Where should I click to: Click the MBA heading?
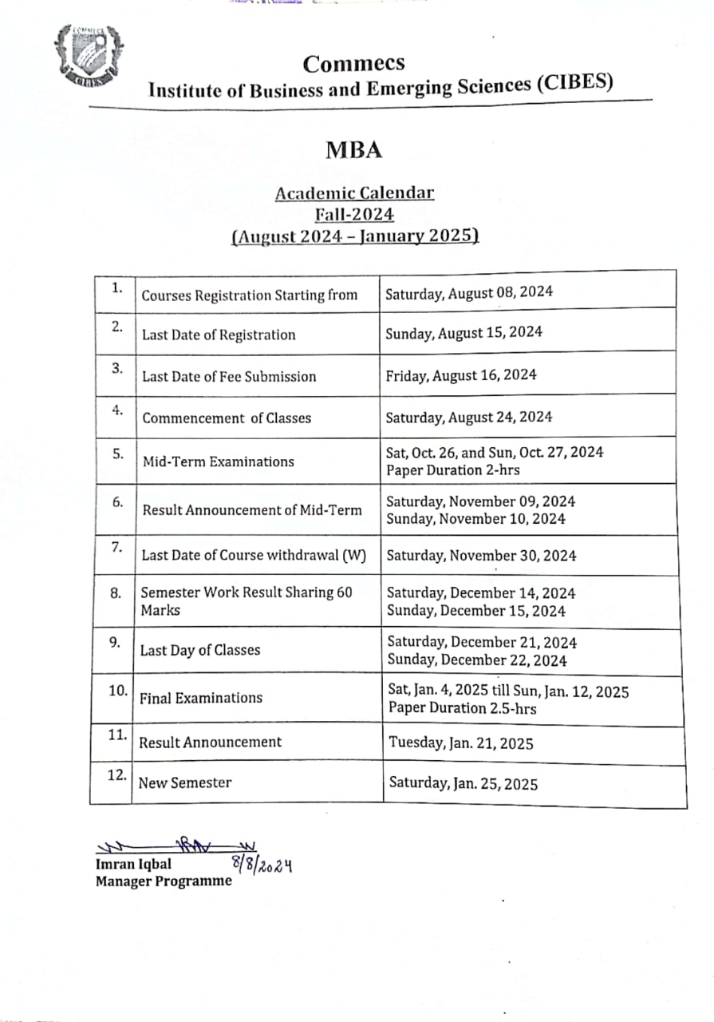pyautogui.click(x=354, y=149)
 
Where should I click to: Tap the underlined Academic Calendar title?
pyautogui.click(x=354, y=193)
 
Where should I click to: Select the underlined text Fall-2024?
pyautogui.click(x=354, y=214)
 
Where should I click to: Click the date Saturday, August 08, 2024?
pyautogui.click(x=469, y=292)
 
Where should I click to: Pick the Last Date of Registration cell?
pyautogui.click(x=219, y=335)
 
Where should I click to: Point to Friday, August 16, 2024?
pyautogui.click(x=461, y=374)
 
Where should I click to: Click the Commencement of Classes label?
pyautogui.click(x=227, y=418)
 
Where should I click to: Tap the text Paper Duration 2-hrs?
pyautogui.click(x=452, y=470)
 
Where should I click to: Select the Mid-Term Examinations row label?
pyautogui.click(x=218, y=461)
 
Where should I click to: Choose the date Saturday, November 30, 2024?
pyautogui.click(x=481, y=556)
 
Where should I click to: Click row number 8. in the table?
pyautogui.click(x=116, y=592)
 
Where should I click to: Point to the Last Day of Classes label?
pyautogui.click(x=200, y=650)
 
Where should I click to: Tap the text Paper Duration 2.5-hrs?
pyautogui.click(x=462, y=708)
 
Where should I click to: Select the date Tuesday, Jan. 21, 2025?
pyautogui.click(x=461, y=743)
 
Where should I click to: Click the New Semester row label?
pyautogui.click(x=185, y=782)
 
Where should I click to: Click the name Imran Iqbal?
pyautogui.click(x=133, y=864)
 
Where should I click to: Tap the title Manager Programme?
pyautogui.click(x=164, y=881)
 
